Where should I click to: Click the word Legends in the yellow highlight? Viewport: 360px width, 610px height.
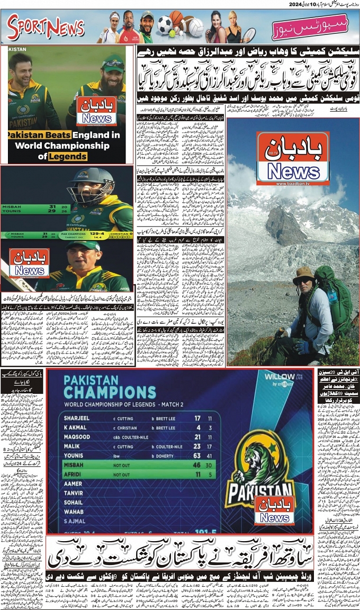point(66,157)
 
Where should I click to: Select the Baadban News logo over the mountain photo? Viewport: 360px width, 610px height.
point(293,158)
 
